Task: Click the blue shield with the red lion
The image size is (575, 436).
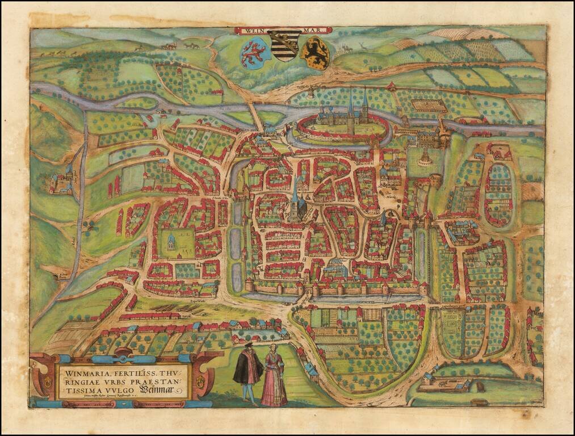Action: click(x=251, y=51)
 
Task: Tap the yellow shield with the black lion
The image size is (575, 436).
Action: click(x=315, y=52)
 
